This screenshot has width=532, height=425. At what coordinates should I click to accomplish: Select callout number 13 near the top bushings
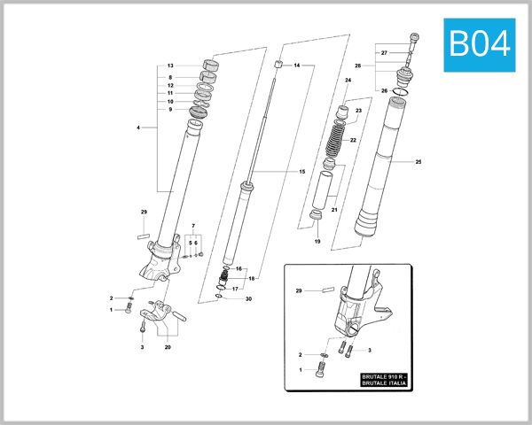(x=170, y=66)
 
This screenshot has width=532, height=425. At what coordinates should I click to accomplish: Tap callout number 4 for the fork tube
(x=138, y=128)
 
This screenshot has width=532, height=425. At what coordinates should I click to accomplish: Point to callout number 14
(x=297, y=66)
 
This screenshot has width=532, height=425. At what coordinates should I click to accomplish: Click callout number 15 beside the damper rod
(x=301, y=171)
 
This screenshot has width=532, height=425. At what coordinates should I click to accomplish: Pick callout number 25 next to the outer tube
(x=419, y=162)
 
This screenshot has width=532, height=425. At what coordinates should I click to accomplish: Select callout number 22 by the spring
(x=353, y=140)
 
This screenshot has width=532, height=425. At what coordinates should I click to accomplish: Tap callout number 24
(x=348, y=81)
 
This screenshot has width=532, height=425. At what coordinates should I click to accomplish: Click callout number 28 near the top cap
(x=358, y=66)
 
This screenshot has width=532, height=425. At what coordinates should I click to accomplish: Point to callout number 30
(x=249, y=299)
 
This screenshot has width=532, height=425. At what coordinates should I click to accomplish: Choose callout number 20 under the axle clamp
(x=168, y=347)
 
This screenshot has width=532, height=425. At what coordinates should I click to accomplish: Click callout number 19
(x=317, y=241)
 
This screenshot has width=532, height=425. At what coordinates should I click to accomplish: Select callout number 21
(x=334, y=210)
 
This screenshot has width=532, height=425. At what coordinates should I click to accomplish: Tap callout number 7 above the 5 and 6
(x=193, y=227)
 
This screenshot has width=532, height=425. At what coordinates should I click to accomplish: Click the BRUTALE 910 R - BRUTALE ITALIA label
(x=385, y=382)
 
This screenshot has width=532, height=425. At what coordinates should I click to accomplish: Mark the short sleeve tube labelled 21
(x=325, y=190)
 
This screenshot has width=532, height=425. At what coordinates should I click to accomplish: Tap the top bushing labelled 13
(x=211, y=64)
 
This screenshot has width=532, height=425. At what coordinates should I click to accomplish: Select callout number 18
(x=252, y=278)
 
